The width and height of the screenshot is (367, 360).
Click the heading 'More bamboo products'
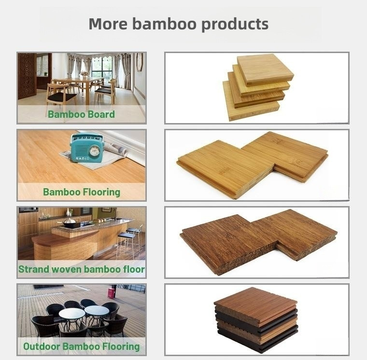pyautogui.click(x=178, y=24)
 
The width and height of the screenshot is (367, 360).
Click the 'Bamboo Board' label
pyautogui.click(x=81, y=114)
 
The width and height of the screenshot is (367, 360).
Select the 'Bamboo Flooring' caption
pyautogui.click(x=81, y=192)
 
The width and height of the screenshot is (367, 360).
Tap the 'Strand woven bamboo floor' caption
pyautogui.click(x=81, y=269)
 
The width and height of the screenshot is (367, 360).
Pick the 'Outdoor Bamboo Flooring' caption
pyautogui.click(x=81, y=346)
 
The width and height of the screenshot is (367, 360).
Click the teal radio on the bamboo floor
pyautogui.click(x=87, y=148)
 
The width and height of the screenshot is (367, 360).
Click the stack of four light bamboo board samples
pyautogui.click(x=257, y=87)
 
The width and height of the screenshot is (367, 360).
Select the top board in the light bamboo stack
pyautogui.click(x=265, y=69)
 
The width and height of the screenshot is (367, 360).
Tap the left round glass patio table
pyautogui.click(x=71, y=313)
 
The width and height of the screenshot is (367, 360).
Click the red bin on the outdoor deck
pyautogui.click(x=112, y=293)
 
